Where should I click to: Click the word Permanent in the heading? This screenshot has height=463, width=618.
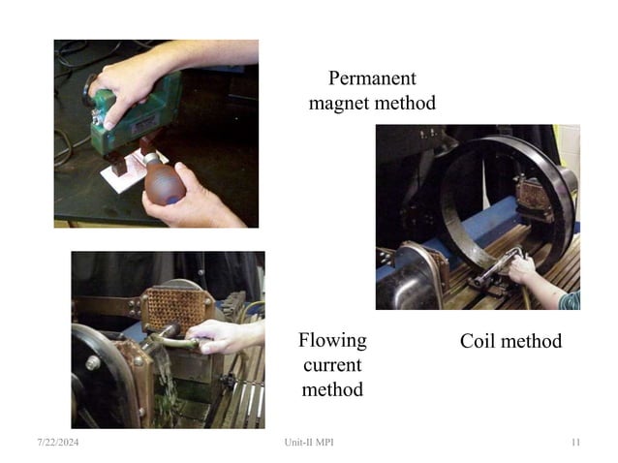(x=372, y=78)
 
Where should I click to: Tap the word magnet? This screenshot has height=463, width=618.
(x=339, y=104)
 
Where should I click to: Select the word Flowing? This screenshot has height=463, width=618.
(x=332, y=340)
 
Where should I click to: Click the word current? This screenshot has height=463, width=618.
(x=332, y=365)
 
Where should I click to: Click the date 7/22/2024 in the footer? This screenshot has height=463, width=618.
(x=58, y=442)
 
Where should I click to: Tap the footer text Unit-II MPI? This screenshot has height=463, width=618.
(x=309, y=442)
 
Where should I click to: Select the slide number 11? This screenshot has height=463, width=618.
(x=575, y=442)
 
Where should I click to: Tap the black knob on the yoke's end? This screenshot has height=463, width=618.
(x=88, y=91)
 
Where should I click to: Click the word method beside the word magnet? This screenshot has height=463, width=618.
(x=405, y=104)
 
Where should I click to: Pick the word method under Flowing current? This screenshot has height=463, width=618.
(x=332, y=389)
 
